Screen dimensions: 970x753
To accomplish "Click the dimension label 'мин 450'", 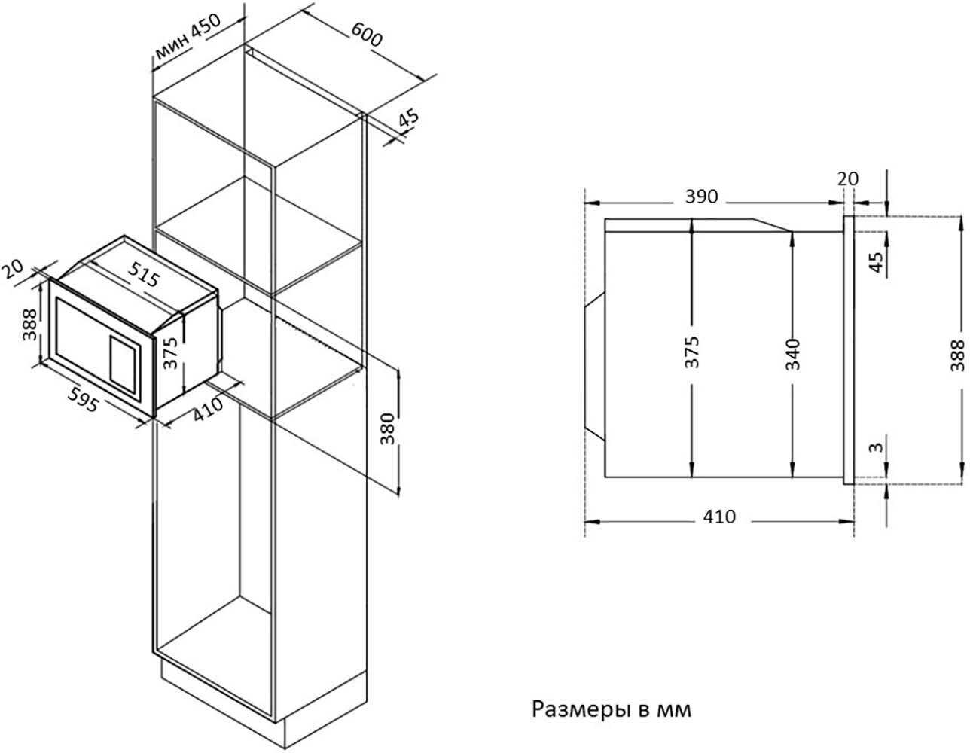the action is click(188, 37).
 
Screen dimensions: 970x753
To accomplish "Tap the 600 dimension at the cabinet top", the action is click(367, 35).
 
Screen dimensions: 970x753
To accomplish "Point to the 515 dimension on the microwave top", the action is click(143, 273).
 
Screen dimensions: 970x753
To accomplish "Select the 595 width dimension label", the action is click(83, 398).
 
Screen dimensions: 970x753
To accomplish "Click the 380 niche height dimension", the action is click(388, 428).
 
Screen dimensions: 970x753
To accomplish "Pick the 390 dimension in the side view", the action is click(701, 197).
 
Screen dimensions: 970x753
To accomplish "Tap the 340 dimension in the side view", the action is click(793, 355).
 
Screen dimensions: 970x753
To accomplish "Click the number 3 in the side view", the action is click(877, 447).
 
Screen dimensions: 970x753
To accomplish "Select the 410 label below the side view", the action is click(719, 517).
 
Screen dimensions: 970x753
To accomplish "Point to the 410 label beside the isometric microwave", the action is click(208, 409).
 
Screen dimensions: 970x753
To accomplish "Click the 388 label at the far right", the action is click(956, 355).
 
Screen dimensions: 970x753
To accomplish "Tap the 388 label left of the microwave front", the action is click(29, 325).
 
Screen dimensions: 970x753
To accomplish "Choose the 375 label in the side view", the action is click(692, 352).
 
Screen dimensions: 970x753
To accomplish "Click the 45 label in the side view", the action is click(877, 263).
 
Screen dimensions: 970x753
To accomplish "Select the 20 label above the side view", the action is click(848, 179).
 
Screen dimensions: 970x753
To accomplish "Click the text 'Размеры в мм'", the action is click(612, 709).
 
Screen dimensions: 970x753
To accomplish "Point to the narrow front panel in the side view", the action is click(849, 350).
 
